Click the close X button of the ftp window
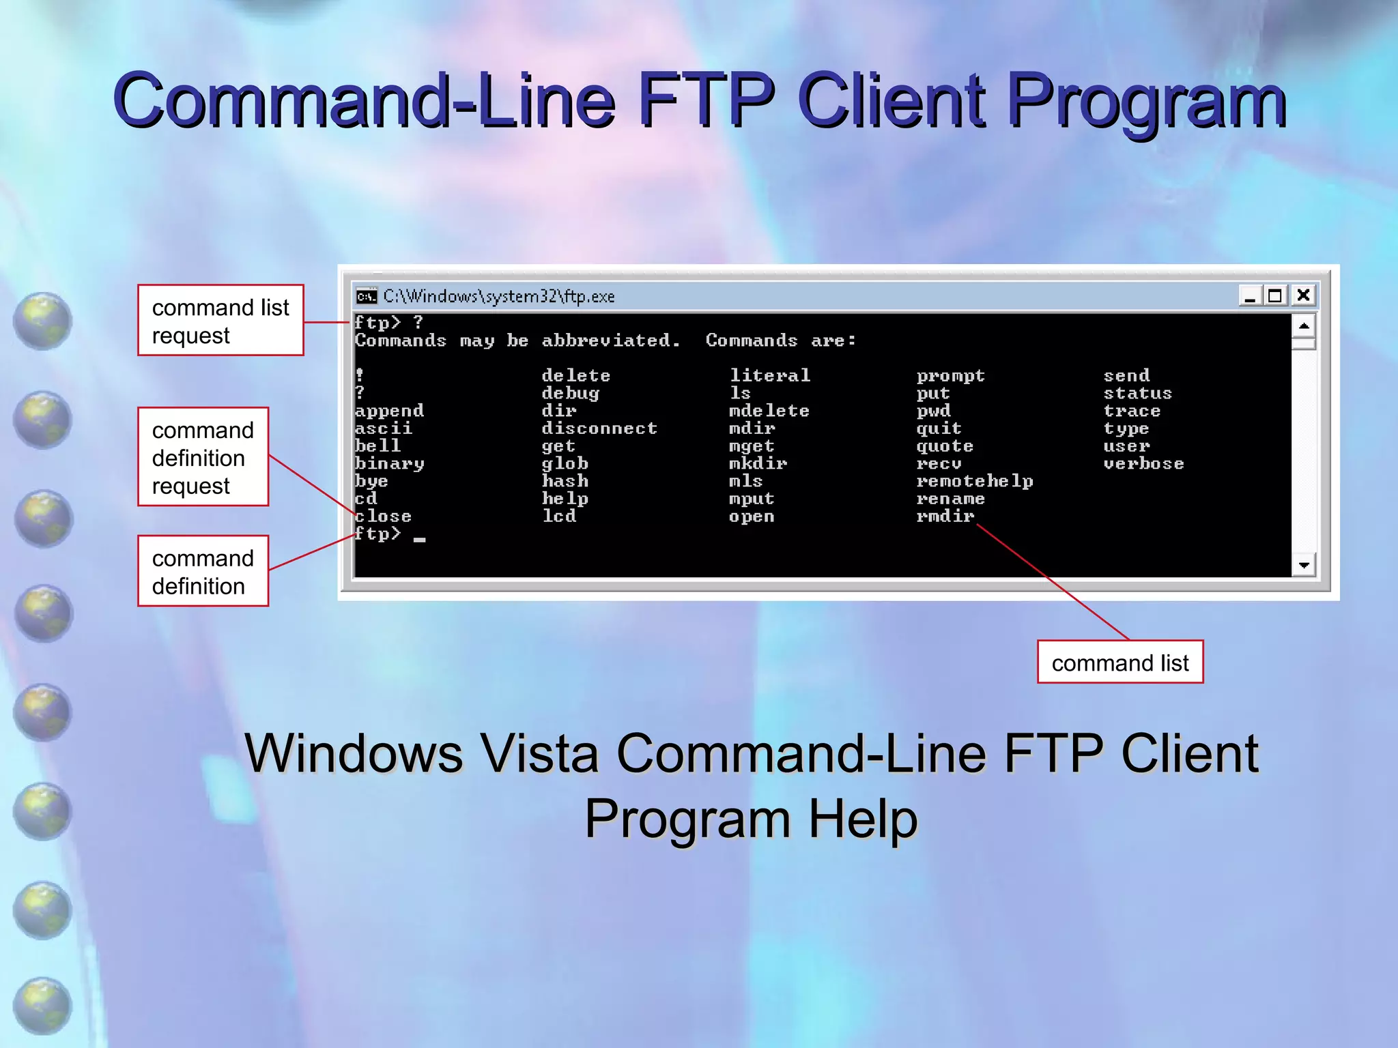click(x=1303, y=295)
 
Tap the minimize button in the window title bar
click(x=1250, y=296)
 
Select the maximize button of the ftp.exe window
click(x=1275, y=295)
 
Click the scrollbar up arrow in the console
click(x=1304, y=325)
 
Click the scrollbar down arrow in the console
click(x=1304, y=565)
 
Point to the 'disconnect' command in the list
click(x=599, y=428)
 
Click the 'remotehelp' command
click(x=974, y=481)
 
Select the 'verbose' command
click(x=1143, y=464)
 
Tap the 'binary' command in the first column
click(x=389, y=464)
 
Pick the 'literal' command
click(x=769, y=375)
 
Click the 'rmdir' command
click(x=945, y=516)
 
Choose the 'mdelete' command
click(x=769, y=411)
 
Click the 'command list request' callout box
click(x=220, y=321)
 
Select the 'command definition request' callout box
click(x=203, y=457)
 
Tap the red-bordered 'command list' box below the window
click(x=1119, y=663)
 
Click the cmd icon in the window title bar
click(x=367, y=296)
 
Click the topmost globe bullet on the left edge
click(x=42, y=321)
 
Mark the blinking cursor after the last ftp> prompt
click(x=419, y=539)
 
